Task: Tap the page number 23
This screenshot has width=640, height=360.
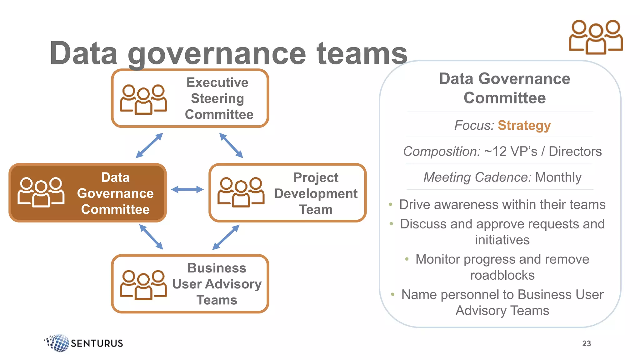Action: pos(586,343)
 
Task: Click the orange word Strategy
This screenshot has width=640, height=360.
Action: pos(524,125)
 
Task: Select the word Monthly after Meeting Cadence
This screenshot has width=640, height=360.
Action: pos(558,177)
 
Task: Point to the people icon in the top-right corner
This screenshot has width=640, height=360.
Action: pos(596,37)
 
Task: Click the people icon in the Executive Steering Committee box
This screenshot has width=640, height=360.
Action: pos(143,99)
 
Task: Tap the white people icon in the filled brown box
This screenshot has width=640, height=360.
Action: pos(41,192)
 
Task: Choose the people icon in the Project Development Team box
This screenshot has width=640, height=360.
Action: pos(241,192)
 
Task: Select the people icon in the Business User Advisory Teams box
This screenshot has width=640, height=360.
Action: pos(143,285)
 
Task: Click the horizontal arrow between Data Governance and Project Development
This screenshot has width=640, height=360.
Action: pos(187,189)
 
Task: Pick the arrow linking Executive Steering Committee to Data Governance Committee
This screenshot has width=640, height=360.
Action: pos(149,145)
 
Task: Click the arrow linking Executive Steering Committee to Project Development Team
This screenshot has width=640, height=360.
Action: pos(231,145)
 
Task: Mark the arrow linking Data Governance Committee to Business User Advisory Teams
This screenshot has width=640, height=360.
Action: pos(151,237)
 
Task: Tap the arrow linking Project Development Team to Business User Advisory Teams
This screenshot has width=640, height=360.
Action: pos(226,237)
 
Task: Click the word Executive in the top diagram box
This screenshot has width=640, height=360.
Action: pos(217,82)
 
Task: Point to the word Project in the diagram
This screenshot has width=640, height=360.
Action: pos(316,177)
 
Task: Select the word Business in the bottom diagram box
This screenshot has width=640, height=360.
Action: pos(217,268)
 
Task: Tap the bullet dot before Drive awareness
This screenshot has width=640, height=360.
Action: pos(391,205)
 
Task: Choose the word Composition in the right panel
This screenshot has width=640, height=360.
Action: pos(442,152)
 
